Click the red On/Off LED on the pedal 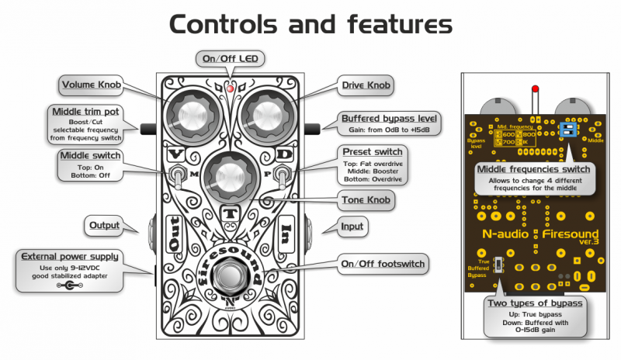click(231, 89)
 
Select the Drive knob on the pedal click(266, 116)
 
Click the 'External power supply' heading click(70, 257)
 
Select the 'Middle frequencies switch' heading click(533, 168)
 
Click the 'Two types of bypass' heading click(535, 303)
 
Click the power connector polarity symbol click(71, 285)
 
